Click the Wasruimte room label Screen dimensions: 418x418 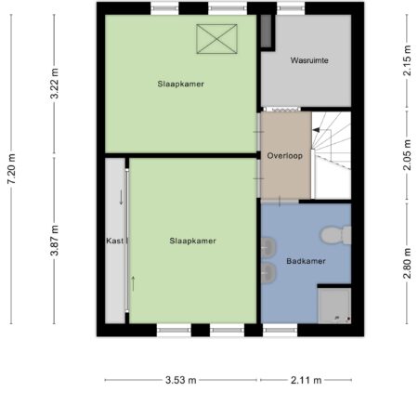tap(309, 60)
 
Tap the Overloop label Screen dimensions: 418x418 tap(285, 156)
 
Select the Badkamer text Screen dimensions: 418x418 tap(306, 261)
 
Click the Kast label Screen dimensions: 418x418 tap(115, 241)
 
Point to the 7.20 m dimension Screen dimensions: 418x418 tap(12, 169)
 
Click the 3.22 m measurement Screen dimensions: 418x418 tap(55, 84)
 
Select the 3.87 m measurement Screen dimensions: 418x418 tap(55, 241)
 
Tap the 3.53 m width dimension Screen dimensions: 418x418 tap(181, 380)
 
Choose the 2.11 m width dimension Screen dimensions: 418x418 tap(306, 380)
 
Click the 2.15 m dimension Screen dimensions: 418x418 tap(407, 60)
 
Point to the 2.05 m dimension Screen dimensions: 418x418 tap(407, 155)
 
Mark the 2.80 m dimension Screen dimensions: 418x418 tap(407, 264)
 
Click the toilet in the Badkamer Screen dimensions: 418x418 tap(336, 235)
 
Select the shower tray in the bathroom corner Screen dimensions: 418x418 tap(334, 306)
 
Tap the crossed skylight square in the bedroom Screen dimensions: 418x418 tap(216, 39)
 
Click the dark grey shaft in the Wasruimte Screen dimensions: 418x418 tap(266, 31)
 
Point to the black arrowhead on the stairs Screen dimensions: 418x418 tap(316, 130)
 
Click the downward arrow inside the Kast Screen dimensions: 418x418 tap(121, 197)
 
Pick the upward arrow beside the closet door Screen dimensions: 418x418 tap(133, 283)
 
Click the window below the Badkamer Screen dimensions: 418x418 tap(280, 330)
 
